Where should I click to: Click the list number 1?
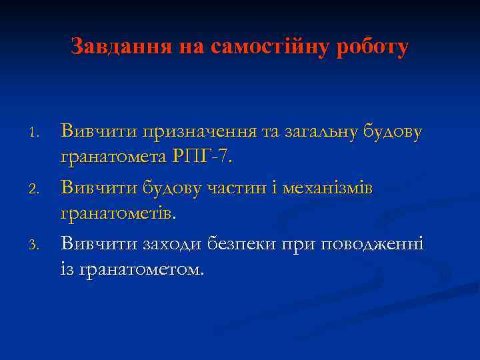click(37, 133)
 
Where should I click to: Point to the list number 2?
click(37, 190)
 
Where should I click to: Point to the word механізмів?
click(328, 189)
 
